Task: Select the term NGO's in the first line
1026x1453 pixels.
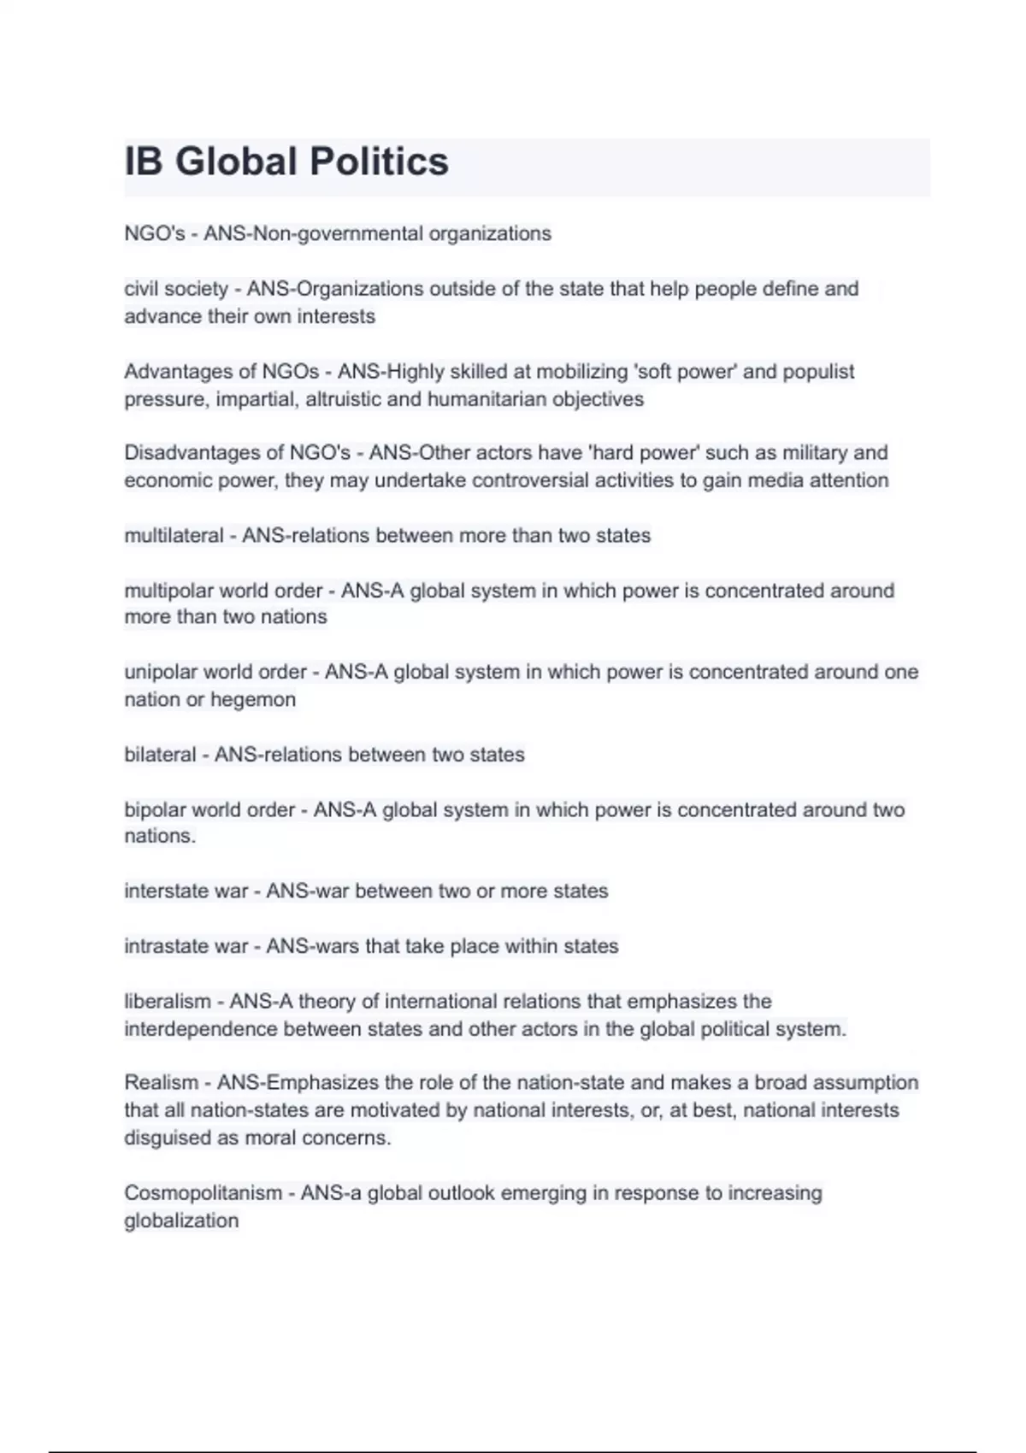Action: tap(155, 233)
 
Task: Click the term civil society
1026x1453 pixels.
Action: tap(176, 289)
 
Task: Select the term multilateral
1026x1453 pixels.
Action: tap(174, 536)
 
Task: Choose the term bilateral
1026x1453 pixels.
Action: tap(160, 755)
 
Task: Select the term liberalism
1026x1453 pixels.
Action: tap(168, 1001)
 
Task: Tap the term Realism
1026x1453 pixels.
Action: tap(162, 1083)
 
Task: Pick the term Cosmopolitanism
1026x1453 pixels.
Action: tap(203, 1193)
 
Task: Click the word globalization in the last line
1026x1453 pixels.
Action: tap(181, 1221)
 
